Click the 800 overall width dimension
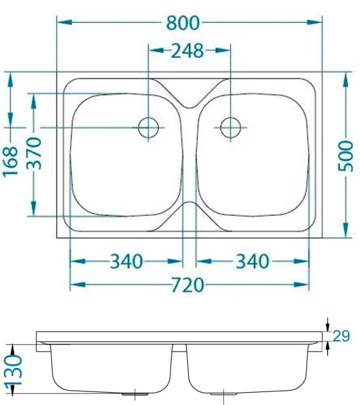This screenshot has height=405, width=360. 183,23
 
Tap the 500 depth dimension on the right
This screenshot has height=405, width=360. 345,156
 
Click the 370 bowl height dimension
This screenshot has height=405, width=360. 34,153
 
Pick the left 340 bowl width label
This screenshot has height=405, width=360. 126,261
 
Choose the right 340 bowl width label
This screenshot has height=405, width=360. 253,261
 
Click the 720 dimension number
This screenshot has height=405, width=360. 188,285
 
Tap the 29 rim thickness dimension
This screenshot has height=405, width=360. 341,336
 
